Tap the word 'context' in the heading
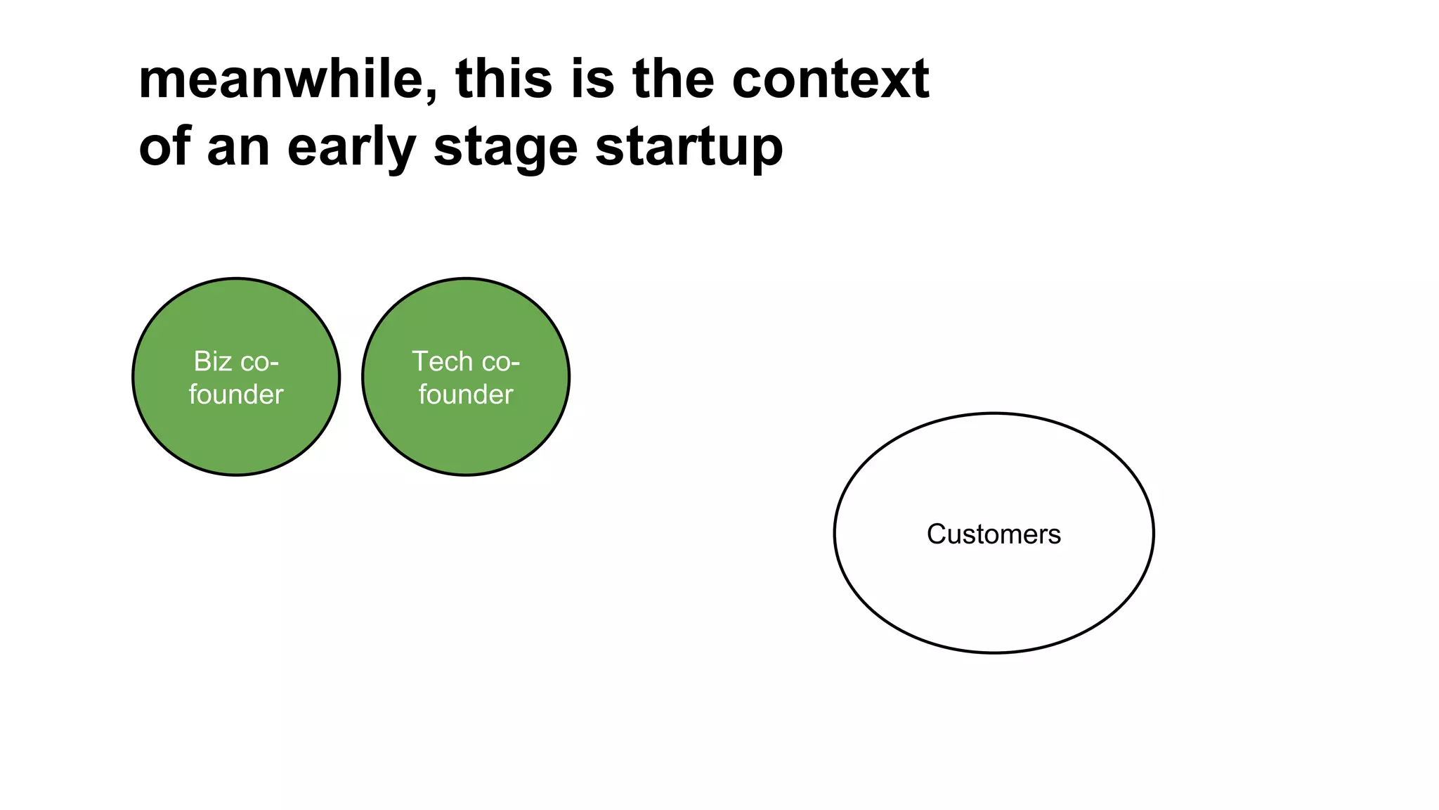pos(831,79)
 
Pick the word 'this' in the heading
pos(504,79)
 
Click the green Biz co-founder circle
pos(236,436)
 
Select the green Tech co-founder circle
pos(466,436)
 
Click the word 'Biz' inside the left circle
pos(213,361)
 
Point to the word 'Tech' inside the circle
pos(442,361)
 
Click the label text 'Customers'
pos(994,534)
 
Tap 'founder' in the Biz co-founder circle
pos(236,394)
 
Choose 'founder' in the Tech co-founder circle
pos(466,394)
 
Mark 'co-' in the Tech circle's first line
pos(500,362)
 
